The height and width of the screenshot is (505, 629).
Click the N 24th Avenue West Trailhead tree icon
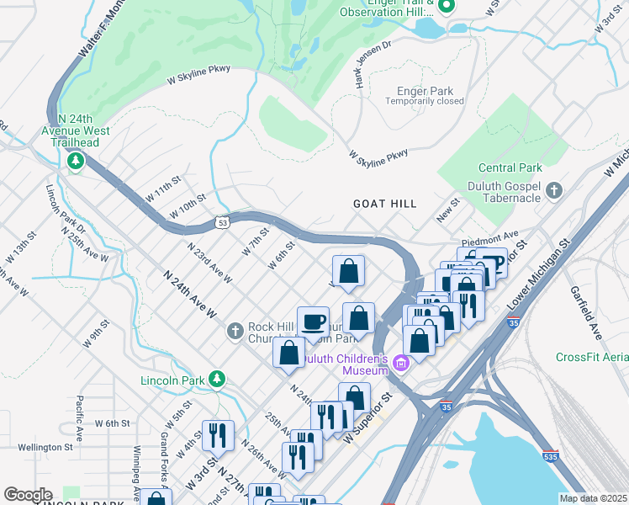(x=76, y=159)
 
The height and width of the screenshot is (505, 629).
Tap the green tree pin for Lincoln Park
(x=217, y=380)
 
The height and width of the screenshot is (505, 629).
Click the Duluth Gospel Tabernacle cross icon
(x=552, y=191)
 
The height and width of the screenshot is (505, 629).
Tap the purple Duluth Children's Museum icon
(x=401, y=364)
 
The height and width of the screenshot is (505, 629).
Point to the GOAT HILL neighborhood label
(x=385, y=204)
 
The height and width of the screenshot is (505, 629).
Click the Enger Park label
(x=424, y=90)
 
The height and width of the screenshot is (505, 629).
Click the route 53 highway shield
(x=221, y=223)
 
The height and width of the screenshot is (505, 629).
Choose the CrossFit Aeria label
(x=592, y=357)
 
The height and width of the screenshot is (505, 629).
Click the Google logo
(x=28, y=495)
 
